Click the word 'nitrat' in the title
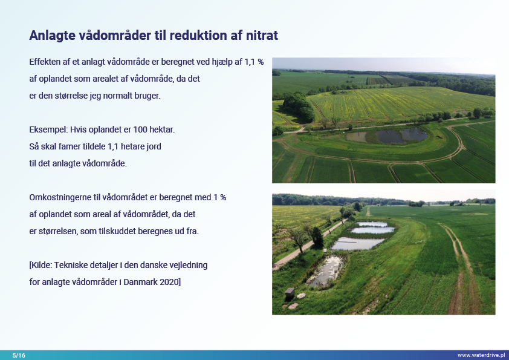[x=262, y=36]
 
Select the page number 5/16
[x=19, y=355]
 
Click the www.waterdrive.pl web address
[x=481, y=355]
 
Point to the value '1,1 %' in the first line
[x=254, y=62]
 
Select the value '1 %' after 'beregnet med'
[x=220, y=197]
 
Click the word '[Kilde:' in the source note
[x=41, y=265]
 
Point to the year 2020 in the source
[x=170, y=282]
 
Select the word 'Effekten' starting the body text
[x=45, y=62]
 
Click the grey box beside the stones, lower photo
[x=290, y=293]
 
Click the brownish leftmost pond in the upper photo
[x=357, y=137]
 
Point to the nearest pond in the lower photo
[x=326, y=271]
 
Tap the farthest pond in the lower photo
[x=372, y=224]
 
